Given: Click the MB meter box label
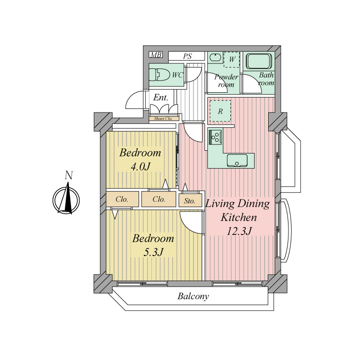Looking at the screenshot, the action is point(156,55).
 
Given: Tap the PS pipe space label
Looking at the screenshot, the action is point(187,56).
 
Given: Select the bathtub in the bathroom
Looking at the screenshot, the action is point(259,61).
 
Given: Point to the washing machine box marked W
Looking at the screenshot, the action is point(232,59).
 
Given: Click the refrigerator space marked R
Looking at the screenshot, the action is point(220,111).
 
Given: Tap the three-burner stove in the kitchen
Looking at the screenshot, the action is point(216,138).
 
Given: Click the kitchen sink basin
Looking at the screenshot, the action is point(237,161).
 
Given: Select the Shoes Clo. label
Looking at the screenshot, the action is point(163,119).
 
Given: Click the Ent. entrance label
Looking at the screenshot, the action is point(161,97).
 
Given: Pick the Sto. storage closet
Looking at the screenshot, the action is point(190,200).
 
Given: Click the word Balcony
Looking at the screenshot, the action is point(193,296).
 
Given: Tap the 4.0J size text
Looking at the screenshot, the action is point(140,166).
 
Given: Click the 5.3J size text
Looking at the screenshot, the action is point(153,252).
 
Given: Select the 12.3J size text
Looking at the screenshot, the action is point(239,231).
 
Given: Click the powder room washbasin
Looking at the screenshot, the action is point(215,57).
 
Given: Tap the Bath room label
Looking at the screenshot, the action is point(266,79).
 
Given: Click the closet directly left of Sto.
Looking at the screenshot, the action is point(159,199).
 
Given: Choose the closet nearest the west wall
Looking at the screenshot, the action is point(122,199).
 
